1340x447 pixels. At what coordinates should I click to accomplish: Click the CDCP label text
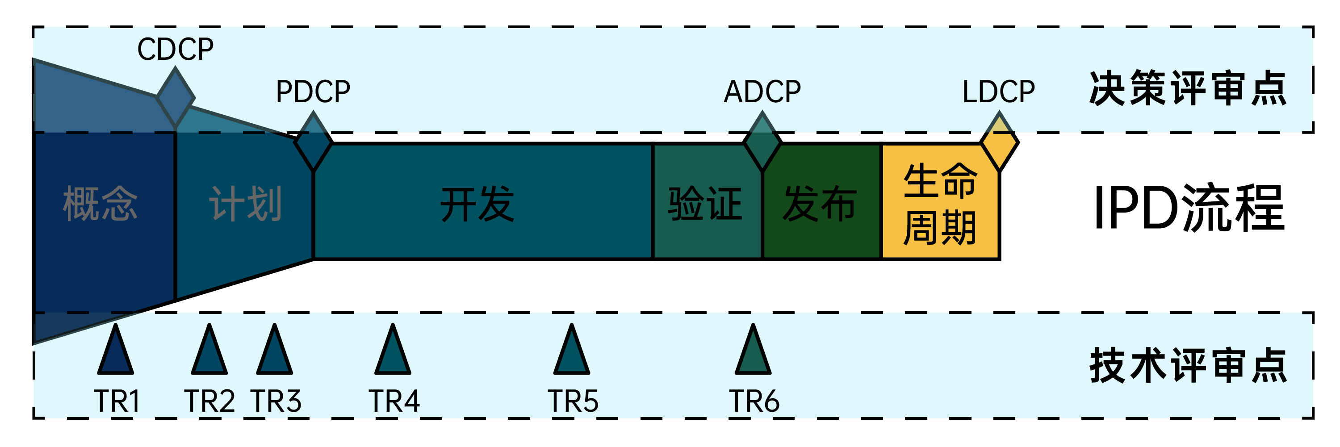coord(175,50)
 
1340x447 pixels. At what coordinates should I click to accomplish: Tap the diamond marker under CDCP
coord(175,97)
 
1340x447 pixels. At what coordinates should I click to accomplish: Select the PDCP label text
coord(313,92)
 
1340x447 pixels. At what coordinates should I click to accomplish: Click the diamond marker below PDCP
coord(313,142)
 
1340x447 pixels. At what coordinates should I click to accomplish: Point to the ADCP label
coord(762,92)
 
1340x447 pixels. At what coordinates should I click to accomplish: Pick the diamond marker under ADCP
coord(762,142)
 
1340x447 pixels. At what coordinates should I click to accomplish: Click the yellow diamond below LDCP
coord(999,142)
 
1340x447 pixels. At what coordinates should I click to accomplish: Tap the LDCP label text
coord(998,92)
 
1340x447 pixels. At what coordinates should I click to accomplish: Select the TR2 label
coord(209,401)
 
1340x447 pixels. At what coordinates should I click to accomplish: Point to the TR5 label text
coord(573,401)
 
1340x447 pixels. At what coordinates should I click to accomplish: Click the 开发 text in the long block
coord(477,204)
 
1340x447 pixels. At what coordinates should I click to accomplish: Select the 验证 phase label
coord(705,204)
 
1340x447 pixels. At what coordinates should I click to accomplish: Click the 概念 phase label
coord(100,204)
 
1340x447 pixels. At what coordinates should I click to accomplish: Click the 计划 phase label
coord(246,204)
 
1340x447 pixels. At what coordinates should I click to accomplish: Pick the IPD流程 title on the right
coord(1189,208)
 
